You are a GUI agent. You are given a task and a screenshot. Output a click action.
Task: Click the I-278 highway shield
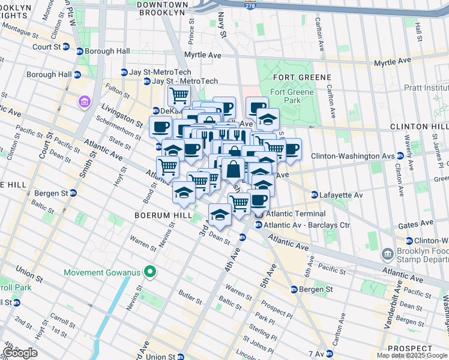[x=249, y=5]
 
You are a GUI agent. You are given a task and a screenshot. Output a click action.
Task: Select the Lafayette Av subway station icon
[x=314, y=195]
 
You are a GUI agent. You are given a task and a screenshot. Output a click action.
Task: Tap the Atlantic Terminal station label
[x=295, y=214]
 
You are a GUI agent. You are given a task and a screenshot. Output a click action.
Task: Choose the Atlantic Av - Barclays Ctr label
[x=298, y=225]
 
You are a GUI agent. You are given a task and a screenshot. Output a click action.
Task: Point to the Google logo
[x=20, y=353]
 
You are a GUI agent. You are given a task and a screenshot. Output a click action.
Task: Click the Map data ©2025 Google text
[x=411, y=355]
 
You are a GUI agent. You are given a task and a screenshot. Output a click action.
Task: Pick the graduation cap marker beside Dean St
[x=220, y=214]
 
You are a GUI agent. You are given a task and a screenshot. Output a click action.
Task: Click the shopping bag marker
[x=233, y=169]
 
